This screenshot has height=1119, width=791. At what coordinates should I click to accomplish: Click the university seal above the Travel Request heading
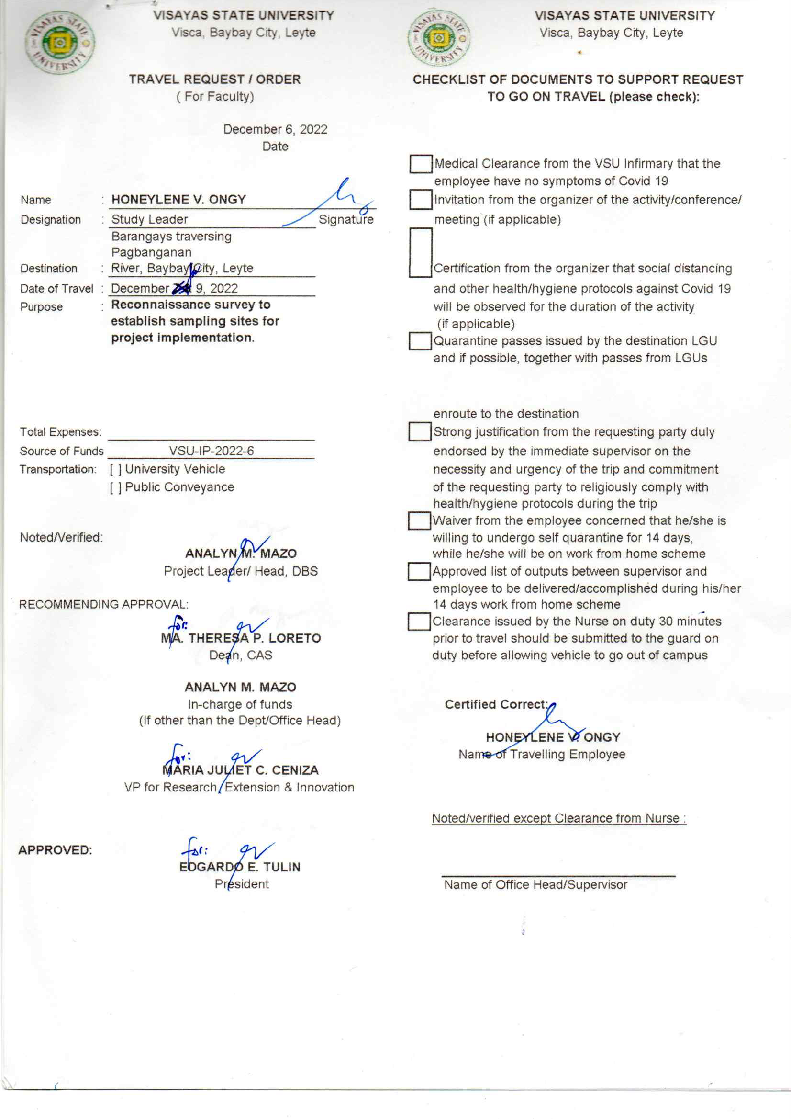coord(60,43)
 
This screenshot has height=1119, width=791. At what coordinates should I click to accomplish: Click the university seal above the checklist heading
coord(439,38)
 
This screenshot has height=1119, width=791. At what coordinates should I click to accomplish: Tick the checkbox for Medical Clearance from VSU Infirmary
coord(421,164)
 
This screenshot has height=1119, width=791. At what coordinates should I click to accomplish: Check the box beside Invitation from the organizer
coord(421,199)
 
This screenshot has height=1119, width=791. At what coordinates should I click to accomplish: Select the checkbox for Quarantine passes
coord(420,341)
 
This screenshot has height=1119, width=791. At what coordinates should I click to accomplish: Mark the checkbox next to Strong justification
coord(419,431)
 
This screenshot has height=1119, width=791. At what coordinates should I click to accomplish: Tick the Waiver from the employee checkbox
coord(419,520)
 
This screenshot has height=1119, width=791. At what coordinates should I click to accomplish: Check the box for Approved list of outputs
coord(419,571)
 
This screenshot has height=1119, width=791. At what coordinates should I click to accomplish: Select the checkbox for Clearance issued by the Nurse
coord(419,622)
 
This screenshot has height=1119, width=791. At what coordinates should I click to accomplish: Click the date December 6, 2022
coord(275,129)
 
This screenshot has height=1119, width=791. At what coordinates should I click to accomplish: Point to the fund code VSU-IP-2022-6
coord(212,451)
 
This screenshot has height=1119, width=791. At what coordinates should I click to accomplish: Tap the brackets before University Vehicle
coord(115,470)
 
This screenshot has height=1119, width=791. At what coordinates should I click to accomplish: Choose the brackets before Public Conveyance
coord(115,488)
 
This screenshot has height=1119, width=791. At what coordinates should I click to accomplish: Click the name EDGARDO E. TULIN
coord(240,867)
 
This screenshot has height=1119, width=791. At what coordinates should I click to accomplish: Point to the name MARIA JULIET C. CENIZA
coord(240,770)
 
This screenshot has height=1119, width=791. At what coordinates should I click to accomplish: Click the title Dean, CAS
coord(241,655)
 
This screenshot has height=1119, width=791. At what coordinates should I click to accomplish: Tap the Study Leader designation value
coord(149,219)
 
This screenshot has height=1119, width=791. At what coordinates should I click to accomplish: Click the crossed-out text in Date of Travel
coord(182,289)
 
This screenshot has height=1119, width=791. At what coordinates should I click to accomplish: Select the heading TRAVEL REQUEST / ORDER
coord(215,79)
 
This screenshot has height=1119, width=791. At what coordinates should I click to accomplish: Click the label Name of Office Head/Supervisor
coord(535,884)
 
